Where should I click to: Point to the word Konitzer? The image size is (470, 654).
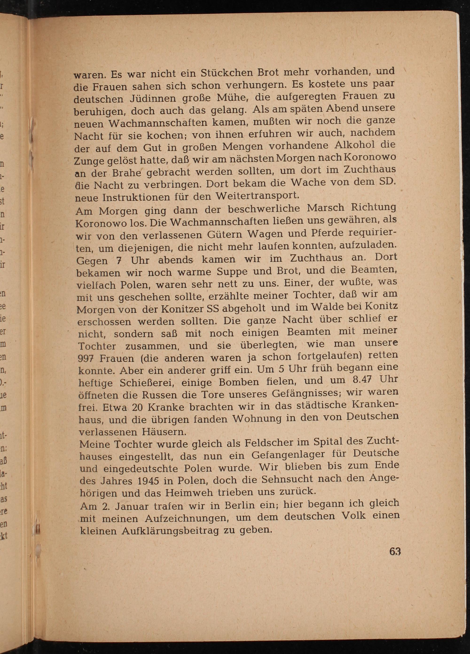pos(182,309)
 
